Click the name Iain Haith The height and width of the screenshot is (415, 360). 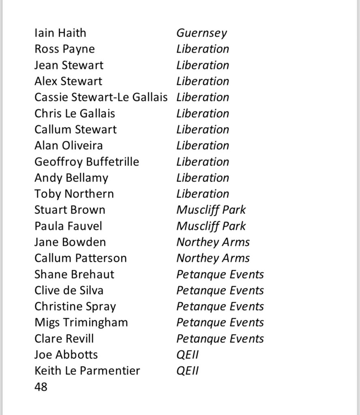tap(60, 33)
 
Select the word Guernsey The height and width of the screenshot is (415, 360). tap(201, 33)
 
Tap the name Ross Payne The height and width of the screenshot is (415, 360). tap(64, 49)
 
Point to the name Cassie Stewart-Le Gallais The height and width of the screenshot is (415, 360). tap(101, 97)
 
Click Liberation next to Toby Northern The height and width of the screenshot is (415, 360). tap(203, 194)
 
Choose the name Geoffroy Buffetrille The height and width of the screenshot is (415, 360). tap(87, 162)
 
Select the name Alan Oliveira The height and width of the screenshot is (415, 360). tap(69, 146)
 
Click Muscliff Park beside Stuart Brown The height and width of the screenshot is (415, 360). tap(211, 210)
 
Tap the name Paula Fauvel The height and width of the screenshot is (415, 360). tap(68, 226)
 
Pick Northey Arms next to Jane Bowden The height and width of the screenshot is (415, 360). tap(213, 242)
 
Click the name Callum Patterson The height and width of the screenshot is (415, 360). tap(81, 258)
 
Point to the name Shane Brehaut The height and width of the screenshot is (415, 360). tap(74, 274)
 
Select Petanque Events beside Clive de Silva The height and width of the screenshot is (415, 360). tap(220, 290)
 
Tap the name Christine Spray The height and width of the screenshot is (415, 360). tap(75, 307)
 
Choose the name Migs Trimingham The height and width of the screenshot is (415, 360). tap(81, 323)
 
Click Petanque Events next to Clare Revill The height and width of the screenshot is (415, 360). tap(220, 339)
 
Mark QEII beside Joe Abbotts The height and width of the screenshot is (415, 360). tap(187, 355)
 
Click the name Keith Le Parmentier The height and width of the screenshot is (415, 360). tap(87, 371)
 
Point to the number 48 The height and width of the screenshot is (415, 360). tap(41, 387)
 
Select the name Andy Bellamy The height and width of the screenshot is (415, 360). tap(71, 178)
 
